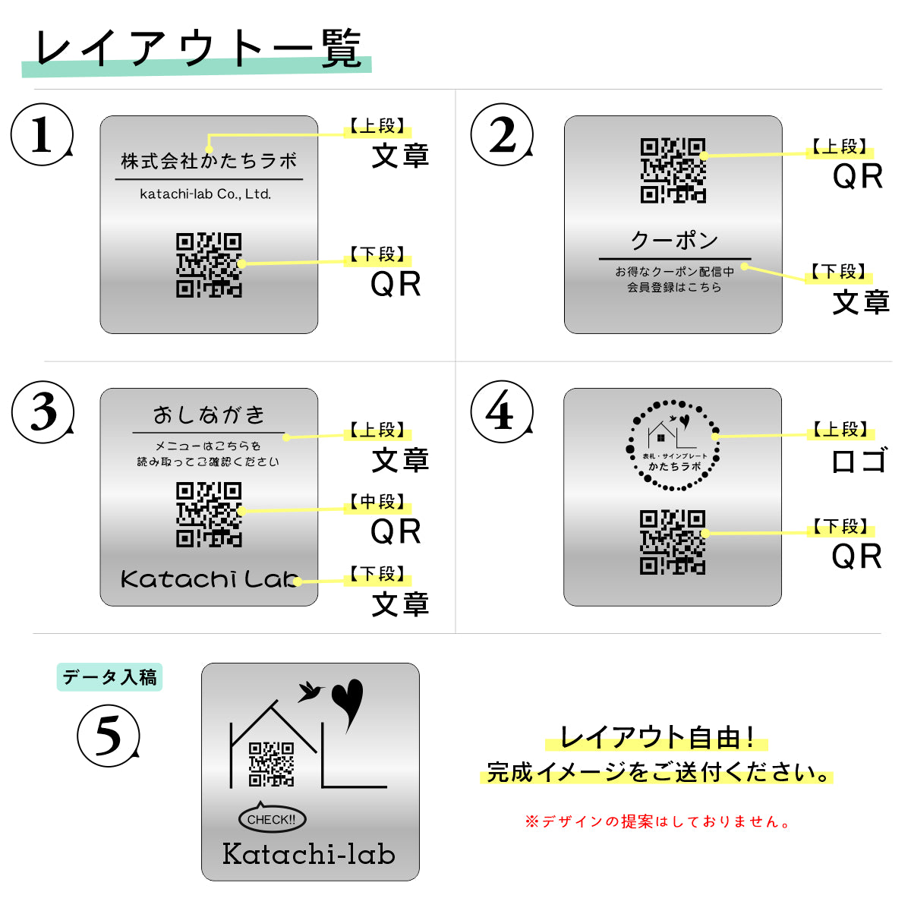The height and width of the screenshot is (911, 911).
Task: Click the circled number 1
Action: (x=42, y=135)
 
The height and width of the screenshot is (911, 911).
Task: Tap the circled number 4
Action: (x=501, y=412)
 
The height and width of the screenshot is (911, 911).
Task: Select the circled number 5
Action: (x=108, y=736)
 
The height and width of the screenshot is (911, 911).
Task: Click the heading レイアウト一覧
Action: (x=197, y=50)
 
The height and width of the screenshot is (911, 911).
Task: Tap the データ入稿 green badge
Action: (x=109, y=677)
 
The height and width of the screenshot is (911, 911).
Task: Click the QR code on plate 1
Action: (x=209, y=265)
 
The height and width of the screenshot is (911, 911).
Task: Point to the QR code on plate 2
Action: (x=673, y=170)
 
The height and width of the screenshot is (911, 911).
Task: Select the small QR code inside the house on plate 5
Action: (x=271, y=764)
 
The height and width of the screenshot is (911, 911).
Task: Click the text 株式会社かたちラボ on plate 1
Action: (x=209, y=161)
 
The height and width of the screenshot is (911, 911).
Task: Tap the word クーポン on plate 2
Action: (x=674, y=241)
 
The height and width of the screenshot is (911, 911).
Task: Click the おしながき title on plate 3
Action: (x=209, y=415)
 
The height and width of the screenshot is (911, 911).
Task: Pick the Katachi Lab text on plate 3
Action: (x=209, y=579)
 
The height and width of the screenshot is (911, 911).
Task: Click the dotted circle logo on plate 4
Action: (x=673, y=445)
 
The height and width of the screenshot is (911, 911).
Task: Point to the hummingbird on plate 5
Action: (x=310, y=691)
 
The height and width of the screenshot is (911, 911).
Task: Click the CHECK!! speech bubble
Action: (x=272, y=819)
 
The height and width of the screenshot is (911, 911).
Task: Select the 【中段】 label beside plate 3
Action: (x=377, y=503)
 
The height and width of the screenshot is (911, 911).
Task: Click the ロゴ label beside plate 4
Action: (x=858, y=461)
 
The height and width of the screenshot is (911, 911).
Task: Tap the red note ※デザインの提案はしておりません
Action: (x=657, y=821)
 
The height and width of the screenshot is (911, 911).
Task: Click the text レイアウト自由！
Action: (x=656, y=737)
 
